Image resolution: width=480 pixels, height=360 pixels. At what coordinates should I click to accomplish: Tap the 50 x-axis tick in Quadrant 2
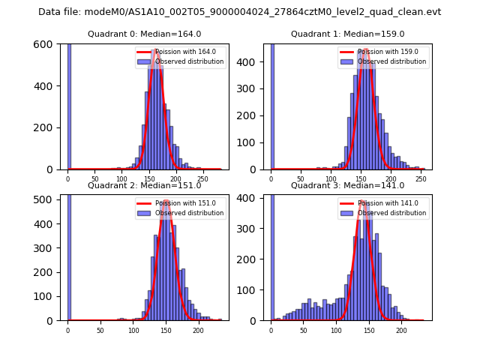(x=100, y=330)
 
